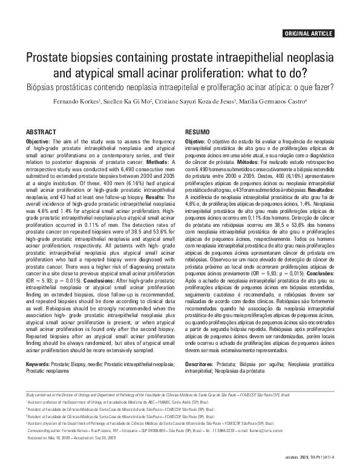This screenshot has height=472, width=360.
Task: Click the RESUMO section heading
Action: click(x=197, y=132)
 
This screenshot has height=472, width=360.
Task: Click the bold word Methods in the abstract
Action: click(x=156, y=163)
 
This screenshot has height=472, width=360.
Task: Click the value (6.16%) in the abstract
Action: click(x=124, y=185)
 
